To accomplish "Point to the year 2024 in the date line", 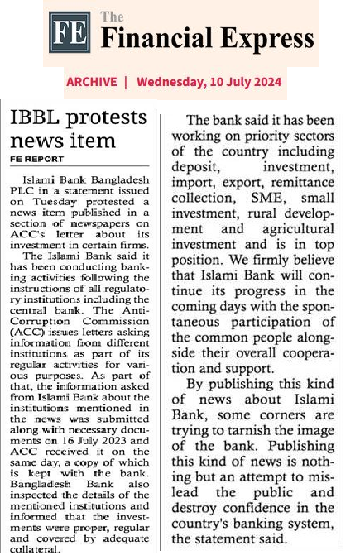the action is point(266,82).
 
